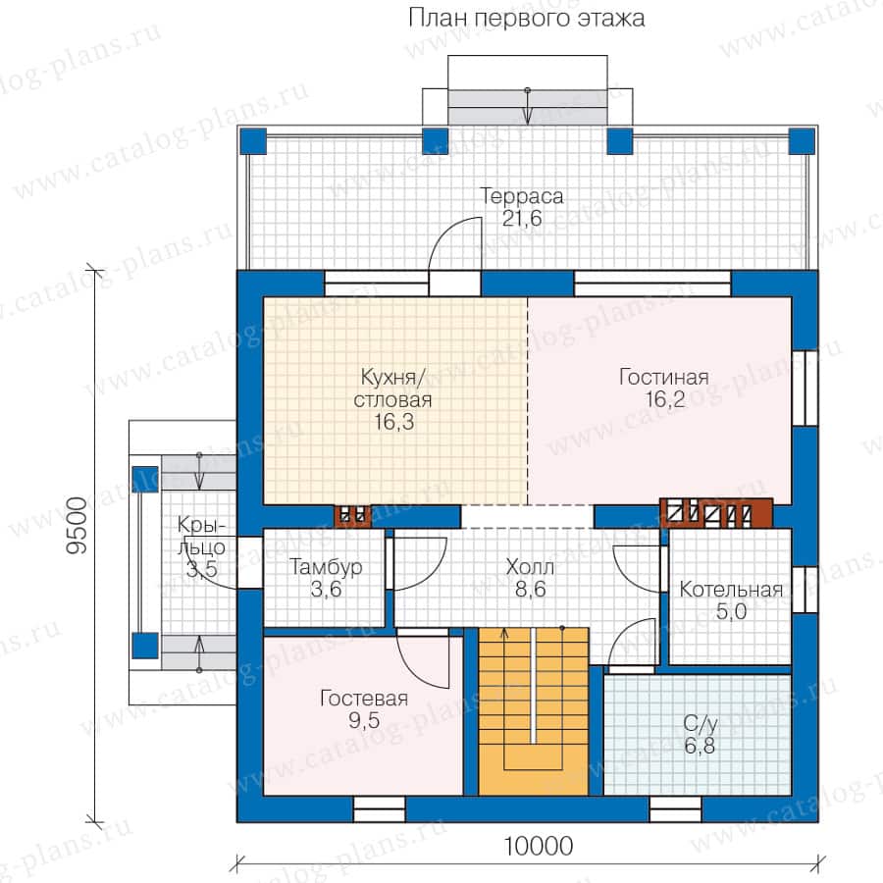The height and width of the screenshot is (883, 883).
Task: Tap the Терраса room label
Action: pos(522,196)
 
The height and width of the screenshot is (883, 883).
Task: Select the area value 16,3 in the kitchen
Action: pos(393,421)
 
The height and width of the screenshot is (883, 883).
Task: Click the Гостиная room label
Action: pos(663,378)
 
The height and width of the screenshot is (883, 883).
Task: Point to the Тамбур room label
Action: pos(326,567)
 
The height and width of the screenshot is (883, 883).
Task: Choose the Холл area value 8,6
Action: pos(530,589)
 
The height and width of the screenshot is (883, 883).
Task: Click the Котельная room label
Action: pos(731,590)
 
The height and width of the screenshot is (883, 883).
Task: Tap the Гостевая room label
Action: pos(364,699)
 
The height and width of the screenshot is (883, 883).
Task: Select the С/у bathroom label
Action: pos(700,724)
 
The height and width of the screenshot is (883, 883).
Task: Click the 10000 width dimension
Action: pos(538,846)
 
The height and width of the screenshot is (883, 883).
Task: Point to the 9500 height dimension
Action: pos(78,526)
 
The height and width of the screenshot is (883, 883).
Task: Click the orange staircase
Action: pos(534,710)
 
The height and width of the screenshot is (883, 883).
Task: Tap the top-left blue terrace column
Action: pos(253,141)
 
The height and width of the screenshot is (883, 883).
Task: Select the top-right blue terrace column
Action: pos(802,141)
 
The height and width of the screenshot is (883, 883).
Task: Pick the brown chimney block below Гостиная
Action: pos(716,512)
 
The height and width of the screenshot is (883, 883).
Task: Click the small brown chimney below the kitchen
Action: pos(353,516)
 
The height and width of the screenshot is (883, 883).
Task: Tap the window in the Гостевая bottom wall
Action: pos(379,809)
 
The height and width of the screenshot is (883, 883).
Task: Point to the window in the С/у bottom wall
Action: pos(675,809)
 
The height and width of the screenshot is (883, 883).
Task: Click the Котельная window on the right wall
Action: pos(805,589)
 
